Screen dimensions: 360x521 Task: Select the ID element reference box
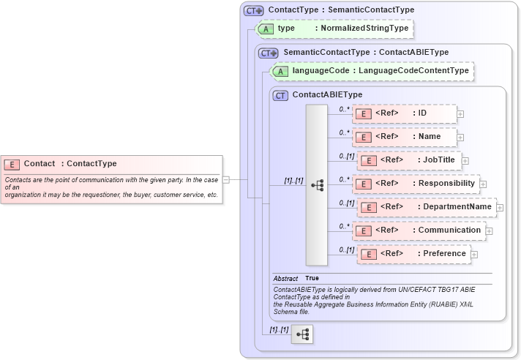pyautogui.click(x=404, y=113)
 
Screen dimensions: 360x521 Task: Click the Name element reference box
pyautogui.click(x=405, y=137)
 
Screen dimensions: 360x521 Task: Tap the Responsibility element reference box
pyautogui.click(x=415, y=184)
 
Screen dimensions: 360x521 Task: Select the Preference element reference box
pyautogui.click(x=414, y=254)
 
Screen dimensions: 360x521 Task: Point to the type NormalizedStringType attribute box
pyautogui.click(x=333, y=29)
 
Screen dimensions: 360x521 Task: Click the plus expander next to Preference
pyautogui.click(x=474, y=255)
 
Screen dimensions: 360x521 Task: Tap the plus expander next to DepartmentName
pyautogui.click(x=500, y=208)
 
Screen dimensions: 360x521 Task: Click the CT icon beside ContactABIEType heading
pyautogui.click(x=280, y=95)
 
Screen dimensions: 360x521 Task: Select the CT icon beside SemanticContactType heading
pyautogui.click(x=269, y=53)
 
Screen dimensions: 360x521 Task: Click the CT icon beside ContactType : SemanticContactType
pyautogui.click(x=254, y=10)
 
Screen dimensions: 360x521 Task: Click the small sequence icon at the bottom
pyautogui.click(x=302, y=334)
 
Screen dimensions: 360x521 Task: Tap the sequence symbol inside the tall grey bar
pyautogui.click(x=317, y=185)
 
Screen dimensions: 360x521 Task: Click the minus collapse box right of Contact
pyautogui.click(x=226, y=179)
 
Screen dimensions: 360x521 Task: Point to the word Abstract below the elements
pyautogui.click(x=285, y=279)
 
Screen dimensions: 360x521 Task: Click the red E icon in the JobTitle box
pyautogui.click(x=370, y=160)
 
